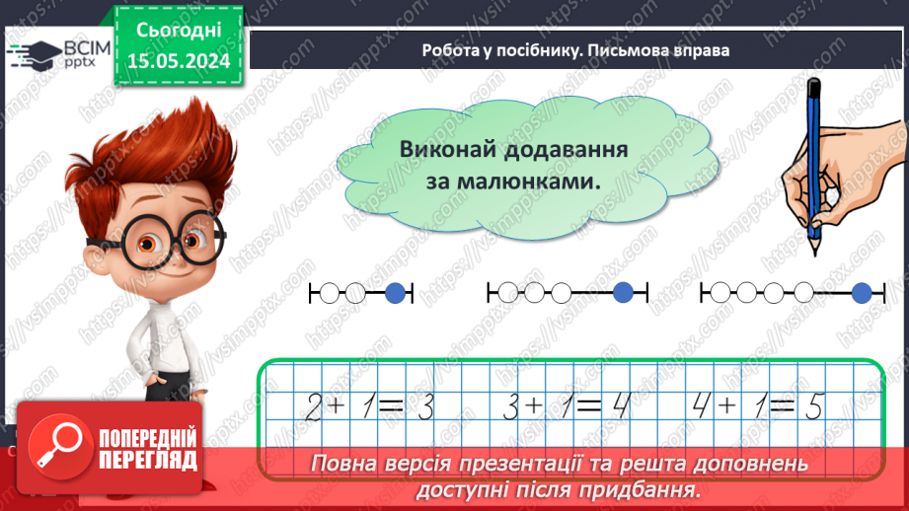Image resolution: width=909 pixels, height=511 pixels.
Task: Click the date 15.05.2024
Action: (179, 60)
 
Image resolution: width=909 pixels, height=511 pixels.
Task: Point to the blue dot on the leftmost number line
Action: (395, 292)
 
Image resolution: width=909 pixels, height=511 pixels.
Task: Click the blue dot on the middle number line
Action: (623, 292)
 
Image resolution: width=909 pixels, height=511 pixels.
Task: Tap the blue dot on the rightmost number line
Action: (862, 292)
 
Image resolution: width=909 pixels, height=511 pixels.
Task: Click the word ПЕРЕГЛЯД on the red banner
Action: (148, 460)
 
